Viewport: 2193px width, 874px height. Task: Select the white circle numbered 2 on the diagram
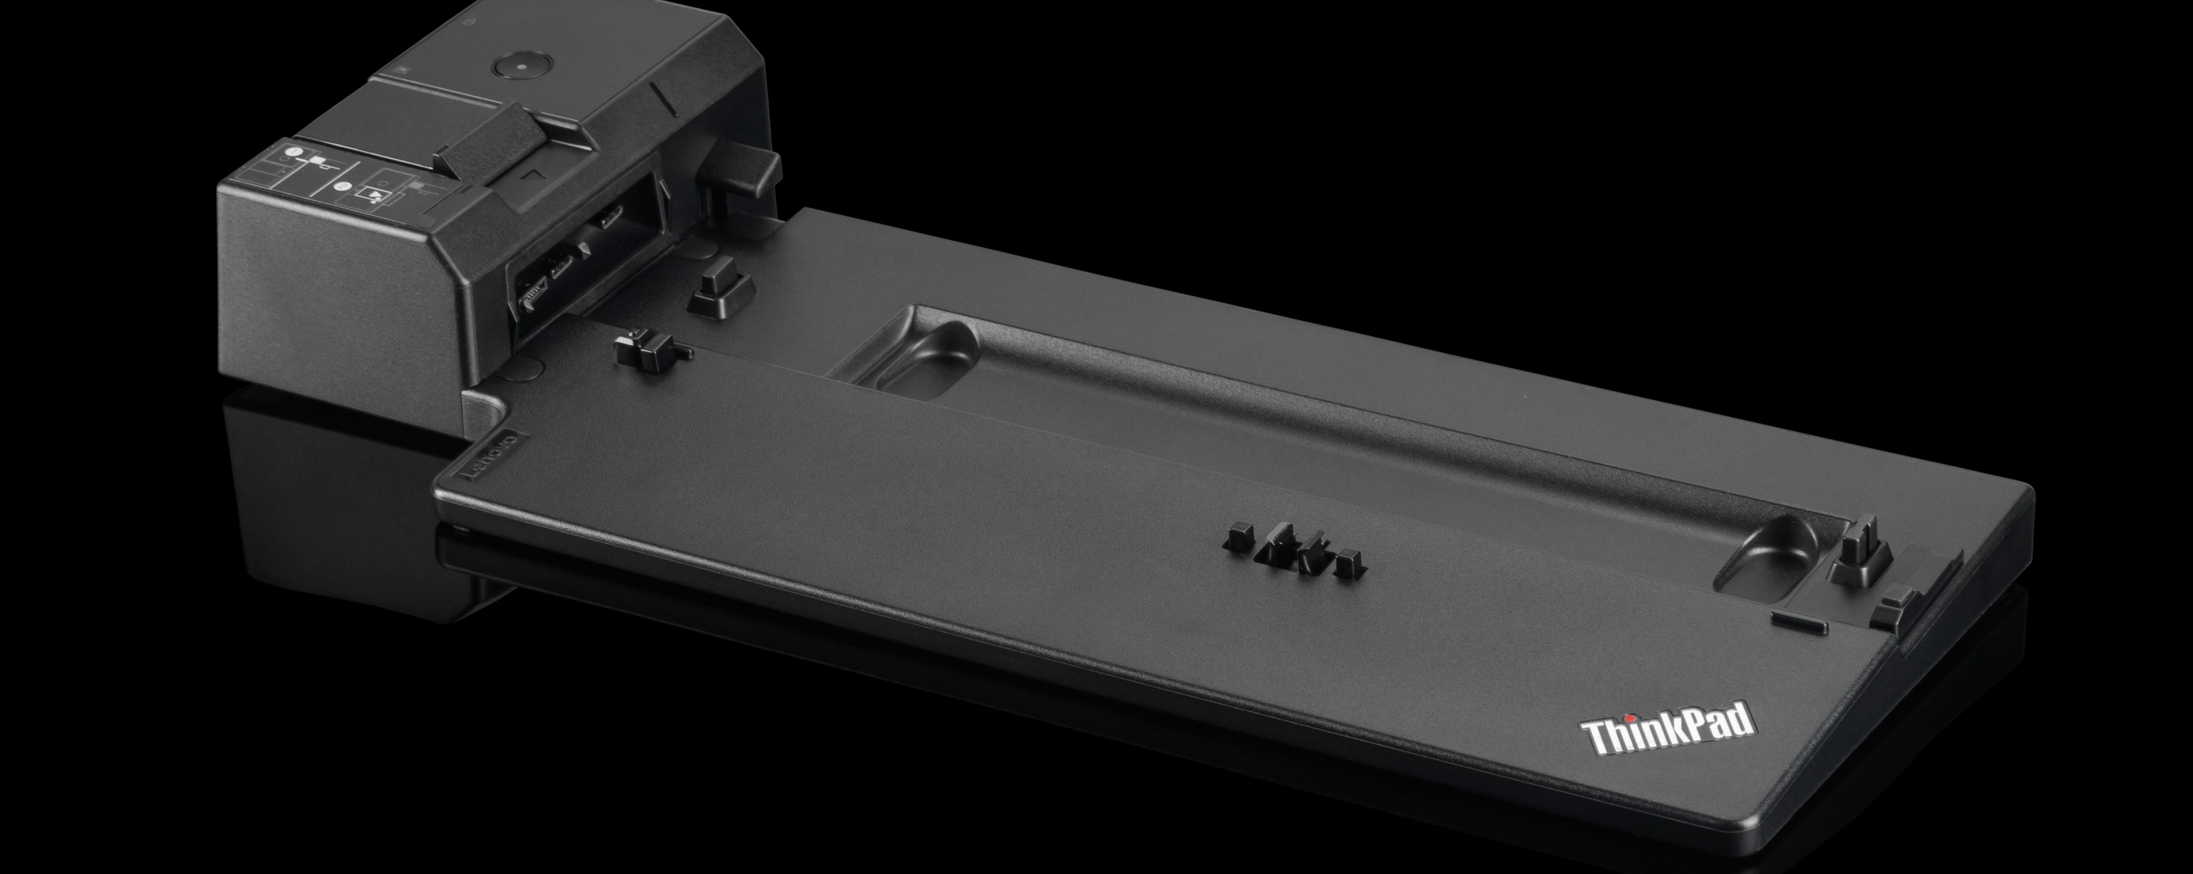(x=342, y=185)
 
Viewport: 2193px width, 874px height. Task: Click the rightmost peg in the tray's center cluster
(x=1347, y=563)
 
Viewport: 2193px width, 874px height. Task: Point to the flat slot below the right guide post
(x=1798, y=627)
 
